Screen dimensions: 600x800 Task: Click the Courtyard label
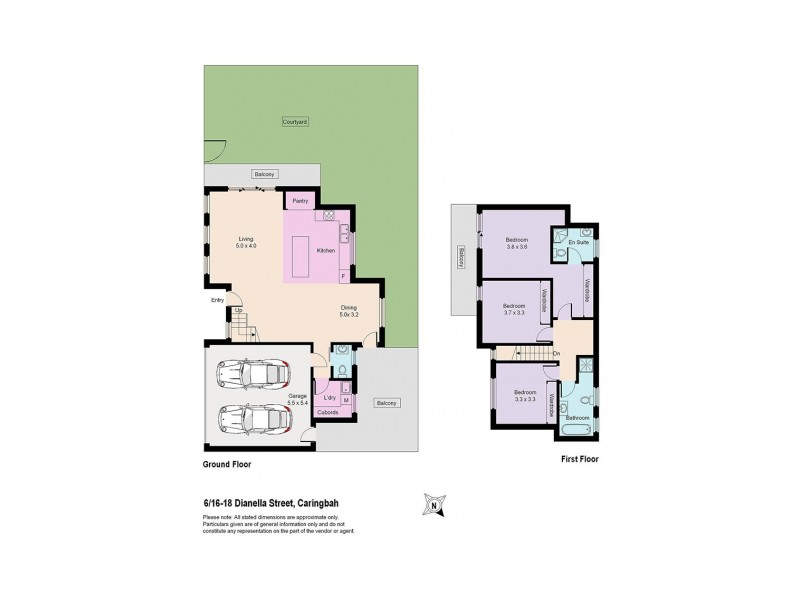click(x=294, y=120)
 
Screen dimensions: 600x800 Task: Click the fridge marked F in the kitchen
click(x=343, y=275)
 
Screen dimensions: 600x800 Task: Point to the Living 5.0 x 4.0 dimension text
click(x=246, y=247)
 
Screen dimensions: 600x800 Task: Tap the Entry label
click(x=217, y=299)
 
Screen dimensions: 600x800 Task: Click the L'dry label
click(x=328, y=398)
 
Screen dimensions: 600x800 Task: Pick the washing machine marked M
click(x=344, y=399)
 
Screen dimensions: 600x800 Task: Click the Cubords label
click(x=327, y=411)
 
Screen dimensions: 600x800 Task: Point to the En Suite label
click(x=576, y=242)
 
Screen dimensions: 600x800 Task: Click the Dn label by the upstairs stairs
click(x=555, y=353)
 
